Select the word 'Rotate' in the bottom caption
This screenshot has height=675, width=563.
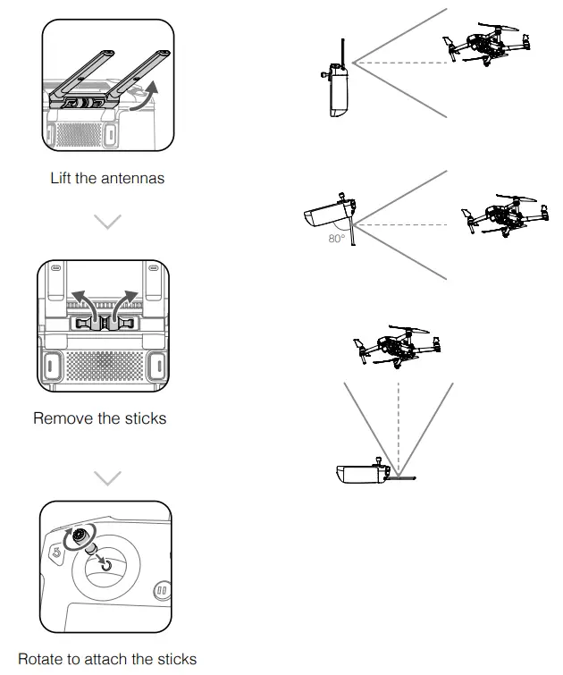41,659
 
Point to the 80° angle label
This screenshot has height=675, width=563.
337,239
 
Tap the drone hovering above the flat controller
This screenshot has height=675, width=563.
397,343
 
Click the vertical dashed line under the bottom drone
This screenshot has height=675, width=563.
398,420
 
